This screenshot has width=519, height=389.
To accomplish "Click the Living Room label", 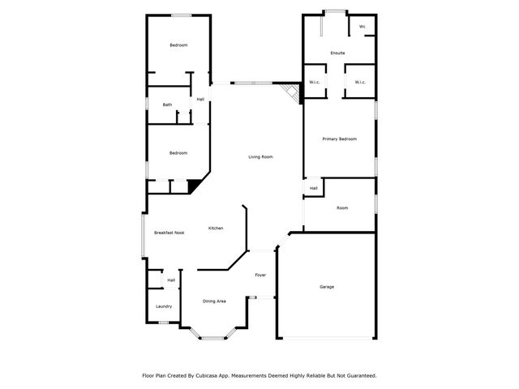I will (259, 156).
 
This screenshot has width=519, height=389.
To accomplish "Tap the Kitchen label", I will (216, 228).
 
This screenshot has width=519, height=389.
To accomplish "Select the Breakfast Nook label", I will (169, 233).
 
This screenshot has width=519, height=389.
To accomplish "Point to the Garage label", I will (327, 287).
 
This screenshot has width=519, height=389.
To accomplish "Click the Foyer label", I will (260, 275).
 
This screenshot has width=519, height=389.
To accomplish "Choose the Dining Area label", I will (214, 301).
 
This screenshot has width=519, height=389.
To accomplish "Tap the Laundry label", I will (163, 306).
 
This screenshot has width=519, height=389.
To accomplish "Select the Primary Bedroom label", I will (339, 139).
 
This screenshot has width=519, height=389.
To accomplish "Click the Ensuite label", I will (337, 53).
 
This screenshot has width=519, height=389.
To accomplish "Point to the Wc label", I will (362, 27).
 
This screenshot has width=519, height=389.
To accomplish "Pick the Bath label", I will (167, 105).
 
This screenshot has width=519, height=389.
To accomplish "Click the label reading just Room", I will (342, 208).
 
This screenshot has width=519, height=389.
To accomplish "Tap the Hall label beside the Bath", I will (199, 100).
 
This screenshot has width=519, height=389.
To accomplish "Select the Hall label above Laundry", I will (171, 280).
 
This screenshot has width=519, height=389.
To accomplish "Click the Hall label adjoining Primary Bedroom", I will (313, 189).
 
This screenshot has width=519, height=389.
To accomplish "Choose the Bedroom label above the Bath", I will (178, 45).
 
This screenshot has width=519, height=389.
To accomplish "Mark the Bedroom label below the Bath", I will (178, 153).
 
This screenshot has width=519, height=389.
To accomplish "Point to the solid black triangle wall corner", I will (195, 186).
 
